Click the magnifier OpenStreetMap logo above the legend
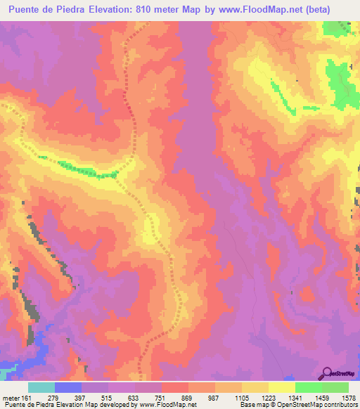pyautogui.click(x=338, y=372)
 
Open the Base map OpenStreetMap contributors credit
pyautogui.click(x=298, y=404)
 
